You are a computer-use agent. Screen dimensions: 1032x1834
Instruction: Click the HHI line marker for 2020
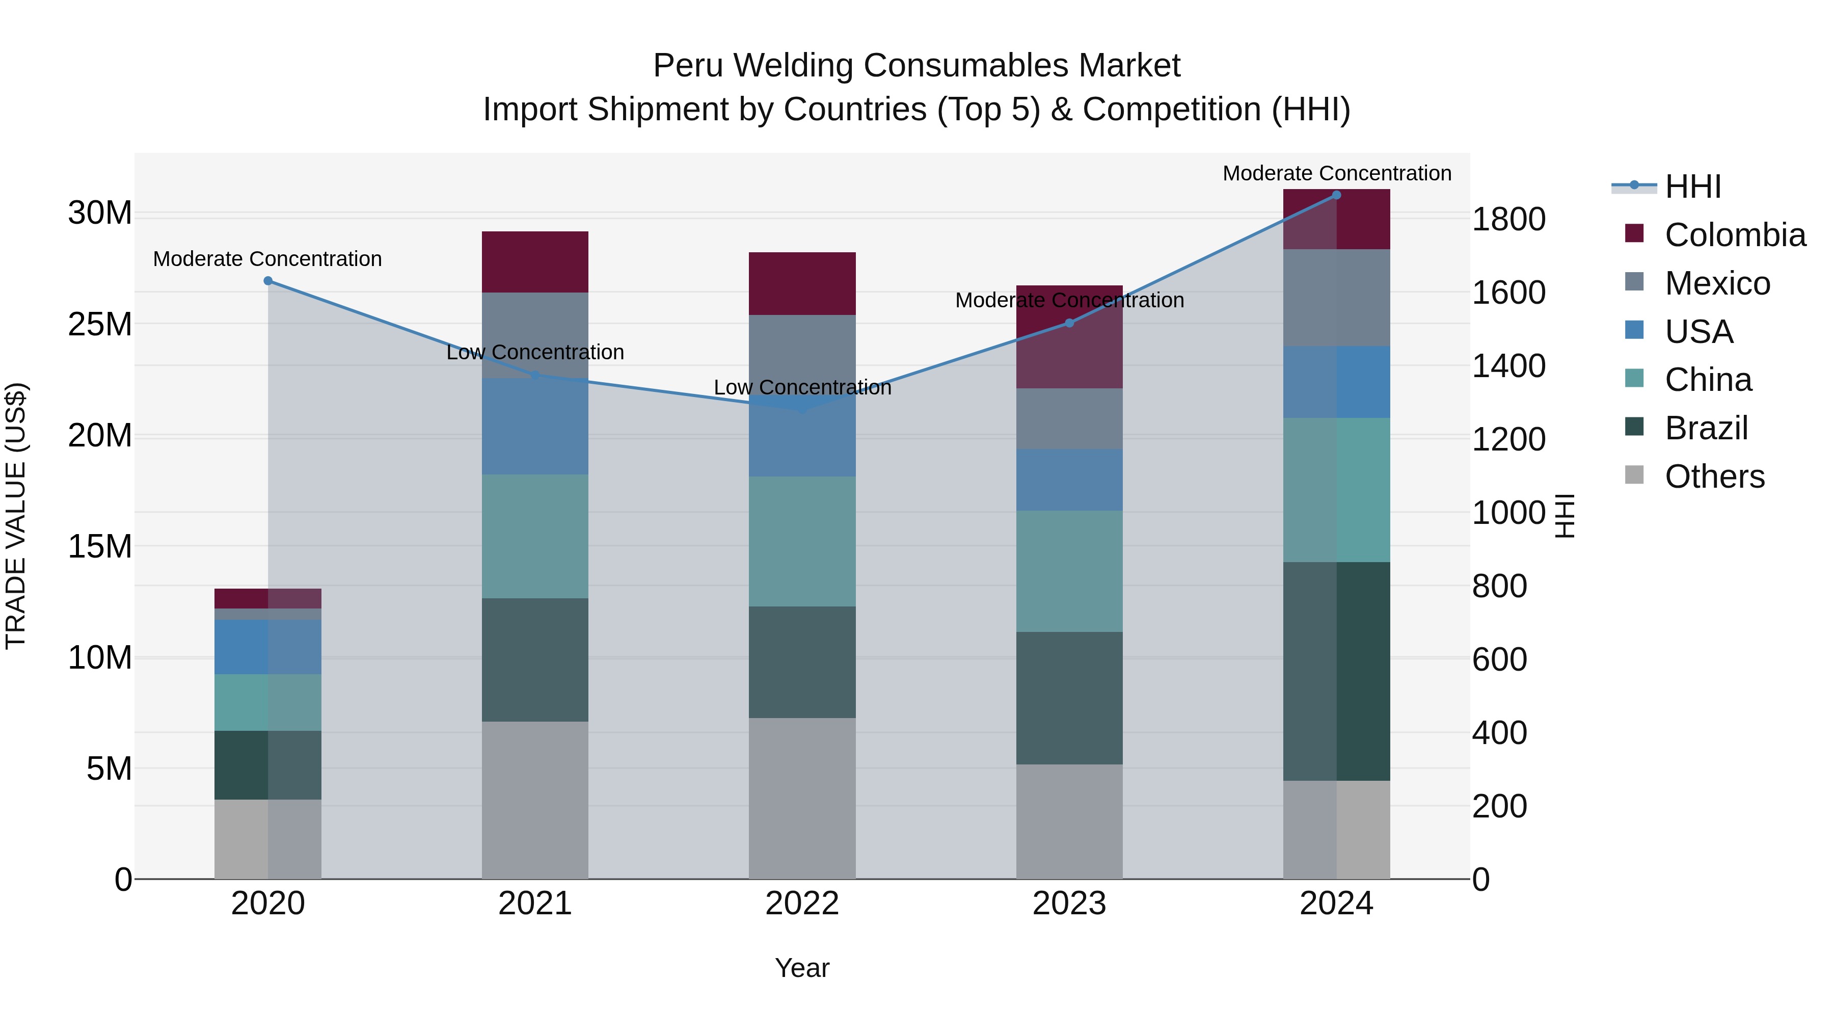[x=267, y=281]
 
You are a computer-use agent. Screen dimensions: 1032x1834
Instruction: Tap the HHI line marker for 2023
[x=1069, y=323]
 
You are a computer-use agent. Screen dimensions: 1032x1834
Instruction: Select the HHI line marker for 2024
[x=1336, y=195]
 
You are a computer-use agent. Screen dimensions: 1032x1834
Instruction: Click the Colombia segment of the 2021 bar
[x=535, y=261]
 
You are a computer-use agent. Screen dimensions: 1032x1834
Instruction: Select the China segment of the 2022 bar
[x=802, y=541]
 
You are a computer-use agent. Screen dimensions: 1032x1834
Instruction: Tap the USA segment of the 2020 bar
[x=267, y=647]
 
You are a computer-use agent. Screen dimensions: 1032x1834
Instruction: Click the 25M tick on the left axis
[x=100, y=324]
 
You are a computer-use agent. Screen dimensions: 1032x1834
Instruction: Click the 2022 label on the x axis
[x=802, y=904]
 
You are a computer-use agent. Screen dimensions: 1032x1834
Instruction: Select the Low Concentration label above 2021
[x=535, y=352]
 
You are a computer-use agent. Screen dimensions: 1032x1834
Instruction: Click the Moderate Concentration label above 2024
[x=1336, y=173]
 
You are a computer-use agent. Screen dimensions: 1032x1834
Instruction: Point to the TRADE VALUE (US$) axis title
[x=16, y=516]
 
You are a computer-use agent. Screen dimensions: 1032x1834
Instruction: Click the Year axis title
[x=802, y=968]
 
